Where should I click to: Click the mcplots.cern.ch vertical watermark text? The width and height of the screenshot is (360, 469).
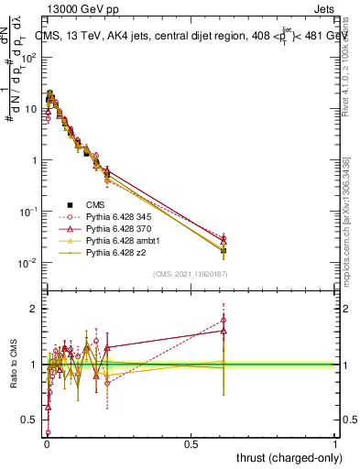coord(345,229)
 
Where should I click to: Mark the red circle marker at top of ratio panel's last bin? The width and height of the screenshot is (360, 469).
coord(224,320)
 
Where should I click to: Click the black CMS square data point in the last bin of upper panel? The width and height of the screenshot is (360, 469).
coord(224,249)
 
